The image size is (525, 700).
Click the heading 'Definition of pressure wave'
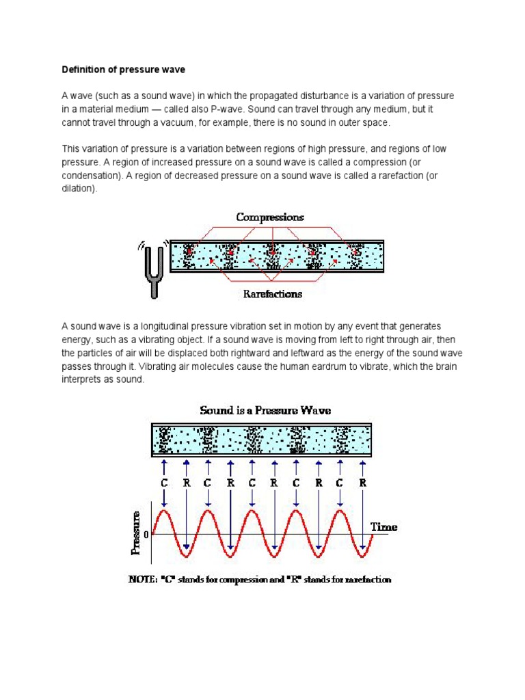tap(124, 69)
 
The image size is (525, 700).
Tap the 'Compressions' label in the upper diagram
tap(270, 217)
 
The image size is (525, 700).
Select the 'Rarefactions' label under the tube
tap(273, 295)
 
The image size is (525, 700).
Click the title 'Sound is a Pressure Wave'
tap(265, 410)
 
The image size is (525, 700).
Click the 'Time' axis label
tap(383, 527)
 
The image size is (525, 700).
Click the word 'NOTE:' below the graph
tap(148, 580)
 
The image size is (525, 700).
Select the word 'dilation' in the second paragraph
tap(79, 189)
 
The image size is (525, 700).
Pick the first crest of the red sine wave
tap(164, 510)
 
